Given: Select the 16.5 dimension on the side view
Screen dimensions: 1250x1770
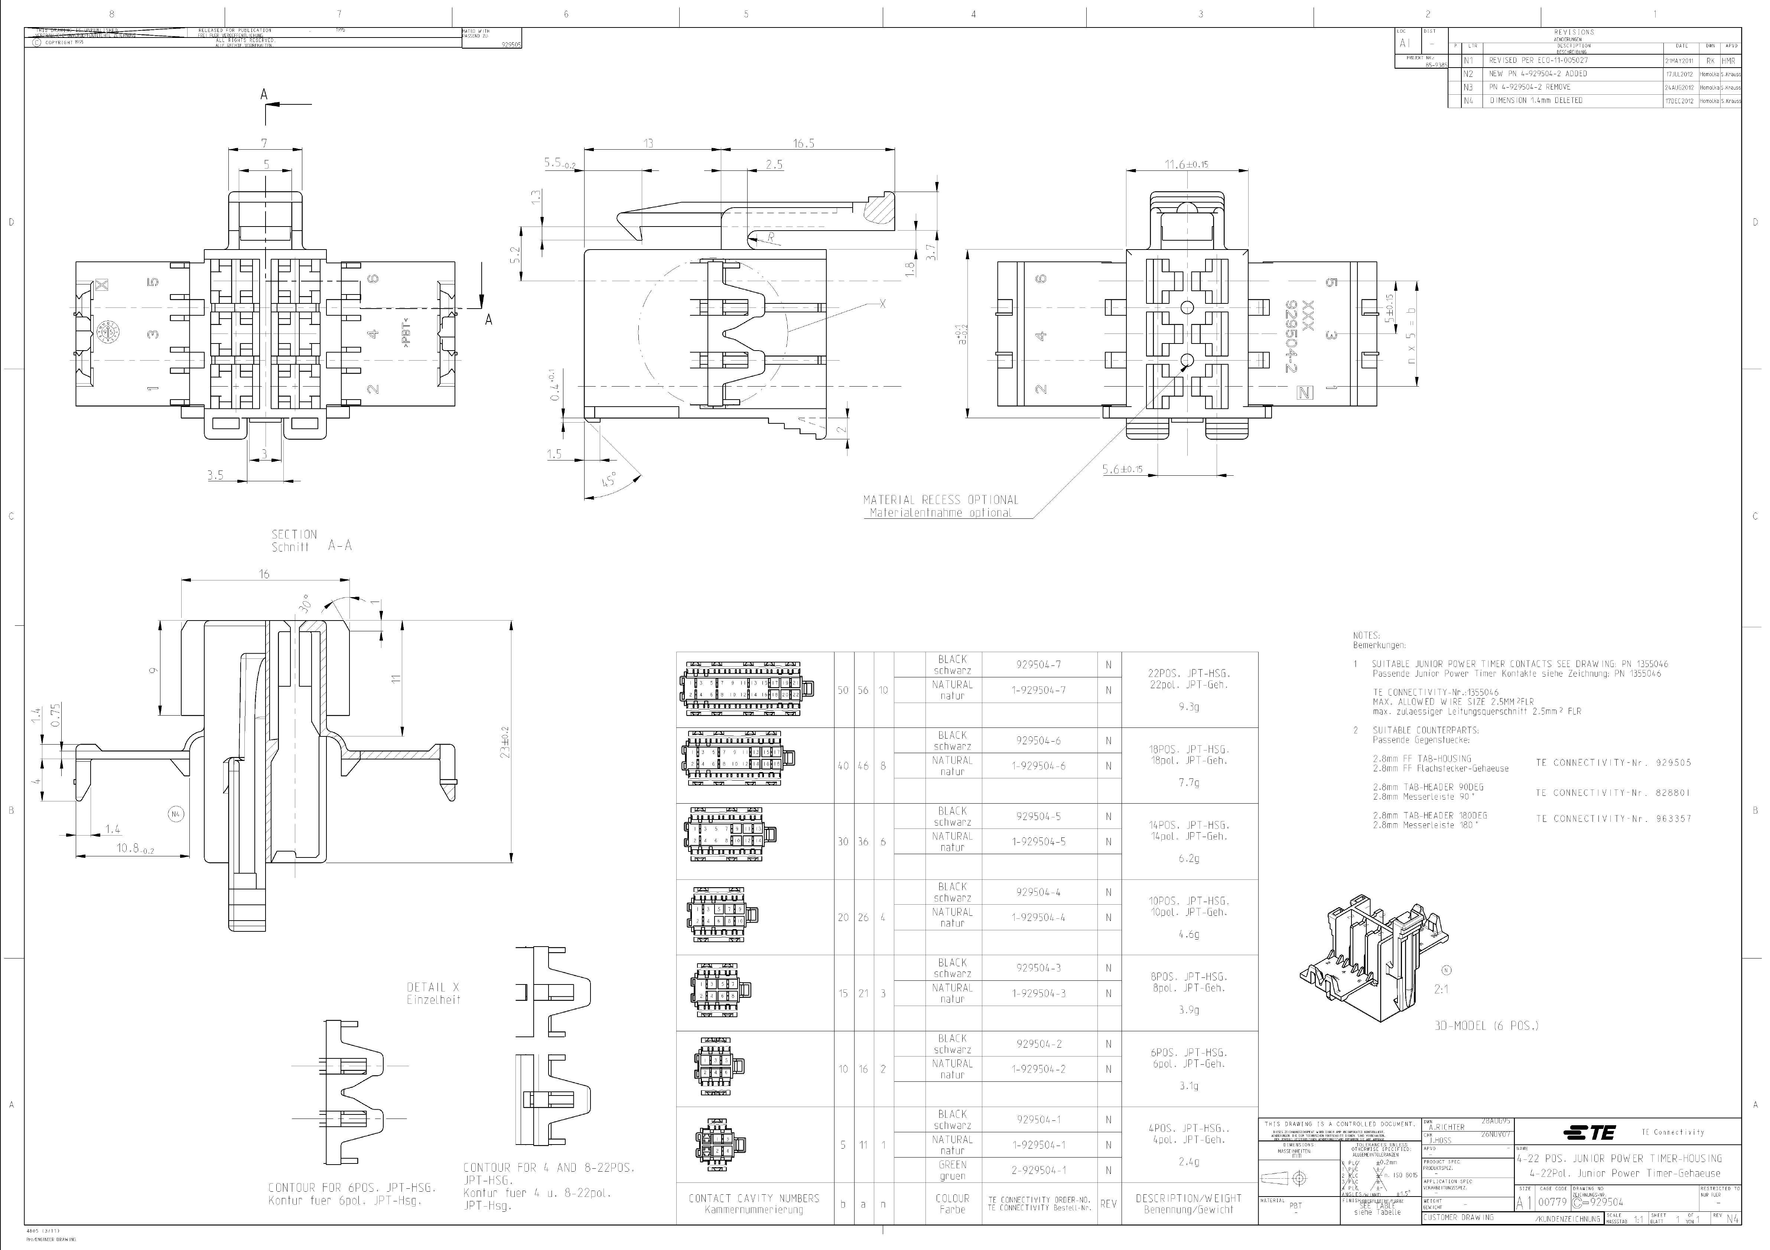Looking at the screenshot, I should click(803, 143).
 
